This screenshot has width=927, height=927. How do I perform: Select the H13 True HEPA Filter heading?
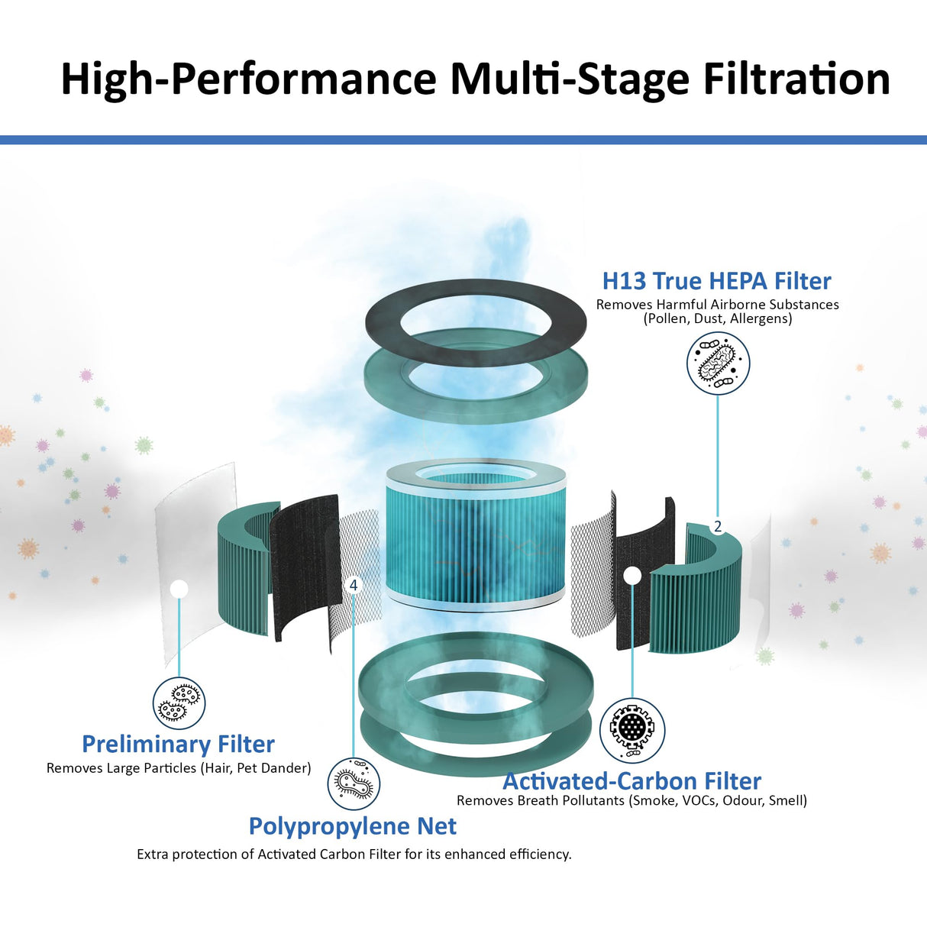coord(716,281)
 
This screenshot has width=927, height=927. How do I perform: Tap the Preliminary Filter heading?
coord(178,744)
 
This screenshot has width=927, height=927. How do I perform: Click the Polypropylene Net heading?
coord(352,826)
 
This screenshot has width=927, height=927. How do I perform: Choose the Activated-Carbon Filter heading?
coord(631,781)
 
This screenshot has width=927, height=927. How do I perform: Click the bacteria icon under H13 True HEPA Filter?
coord(718,363)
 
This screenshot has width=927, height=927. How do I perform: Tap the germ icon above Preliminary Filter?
coord(179,703)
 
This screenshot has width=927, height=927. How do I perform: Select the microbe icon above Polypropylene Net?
coord(354,783)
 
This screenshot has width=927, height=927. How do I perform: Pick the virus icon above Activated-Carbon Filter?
coord(632,729)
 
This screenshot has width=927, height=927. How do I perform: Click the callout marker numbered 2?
coord(718,526)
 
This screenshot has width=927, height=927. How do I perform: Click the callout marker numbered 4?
coord(353,585)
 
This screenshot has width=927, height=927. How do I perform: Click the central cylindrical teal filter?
coord(475,535)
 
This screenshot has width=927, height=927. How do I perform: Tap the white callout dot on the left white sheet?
coord(179,589)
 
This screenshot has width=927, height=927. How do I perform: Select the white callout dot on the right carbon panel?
coord(632,575)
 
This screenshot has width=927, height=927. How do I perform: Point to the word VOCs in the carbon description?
coord(699,800)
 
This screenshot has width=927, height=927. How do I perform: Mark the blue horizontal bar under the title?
coord(463,140)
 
